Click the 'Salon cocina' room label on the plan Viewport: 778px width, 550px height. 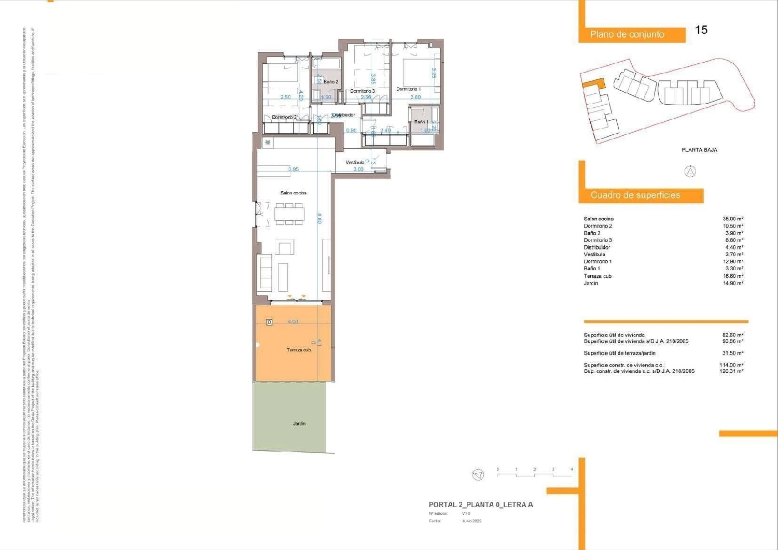[293, 193]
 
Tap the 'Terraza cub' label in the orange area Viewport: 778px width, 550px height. [299, 350]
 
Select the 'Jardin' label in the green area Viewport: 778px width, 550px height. [299, 424]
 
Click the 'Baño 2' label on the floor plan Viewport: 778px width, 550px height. [330, 82]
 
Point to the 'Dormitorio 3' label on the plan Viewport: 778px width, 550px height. [362, 91]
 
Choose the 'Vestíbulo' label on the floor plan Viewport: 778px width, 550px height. [355, 162]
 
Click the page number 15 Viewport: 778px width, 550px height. [701, 30]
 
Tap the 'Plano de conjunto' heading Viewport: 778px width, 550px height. [627, 35]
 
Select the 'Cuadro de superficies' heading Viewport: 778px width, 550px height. [635, 195]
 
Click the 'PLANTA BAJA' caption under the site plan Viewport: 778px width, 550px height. [699, 150]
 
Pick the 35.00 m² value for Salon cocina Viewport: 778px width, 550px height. [733, 219]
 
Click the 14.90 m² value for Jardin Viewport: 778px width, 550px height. [733, 284]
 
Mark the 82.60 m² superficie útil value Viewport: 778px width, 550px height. [733, 335]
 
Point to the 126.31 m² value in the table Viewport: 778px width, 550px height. [733, 371]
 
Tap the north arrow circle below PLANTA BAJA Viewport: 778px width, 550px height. [690, 171]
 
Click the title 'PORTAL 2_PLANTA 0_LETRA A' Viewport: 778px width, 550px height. [481, 504]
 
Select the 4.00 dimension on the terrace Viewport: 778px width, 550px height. [293, 322]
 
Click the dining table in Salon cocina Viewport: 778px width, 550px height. [289, 214]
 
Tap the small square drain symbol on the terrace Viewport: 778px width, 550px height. [269, 322]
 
